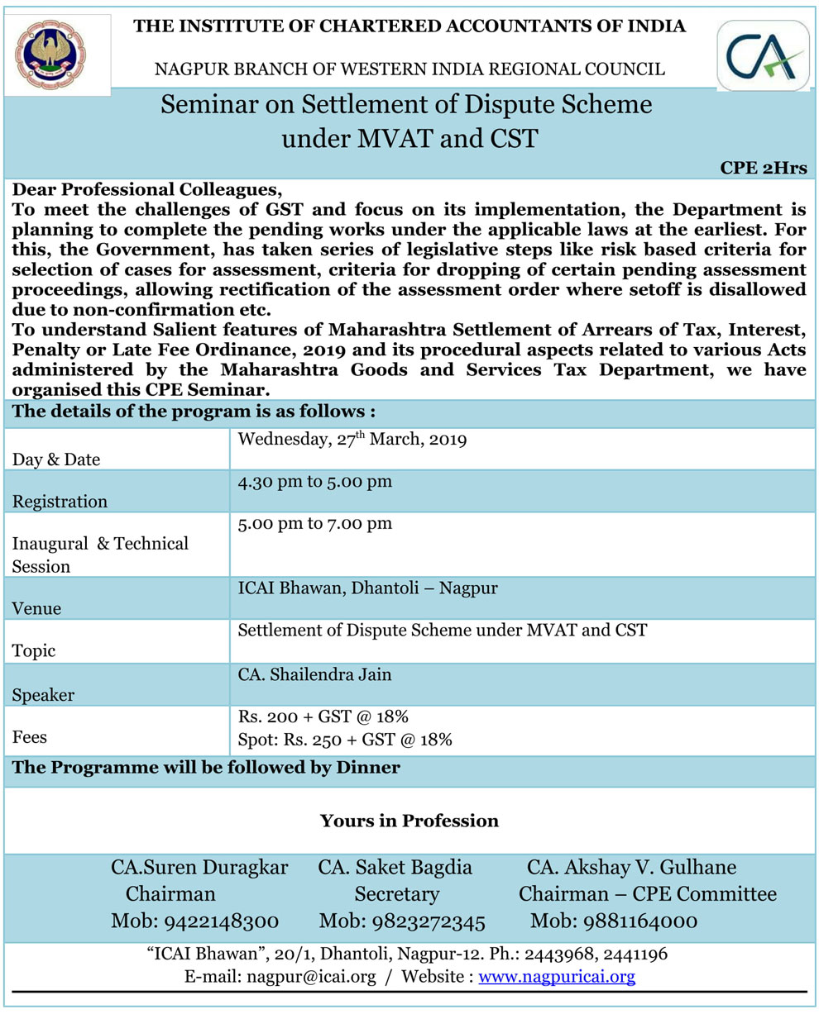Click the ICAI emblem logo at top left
coord(55,55)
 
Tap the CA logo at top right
coord(762,55)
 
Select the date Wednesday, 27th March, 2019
coord(352,440)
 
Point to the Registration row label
coord(60,502)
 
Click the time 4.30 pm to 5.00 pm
coord(314,482)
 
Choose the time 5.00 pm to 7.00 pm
coord(314,524)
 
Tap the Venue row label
coord(37,609)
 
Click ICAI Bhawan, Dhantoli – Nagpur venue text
coord(367,588)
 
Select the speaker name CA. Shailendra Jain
coord(314,674)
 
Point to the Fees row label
coord(30,736)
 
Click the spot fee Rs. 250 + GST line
coord(344,740)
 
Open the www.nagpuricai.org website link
coord(557,978)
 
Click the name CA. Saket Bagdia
coord(395,868)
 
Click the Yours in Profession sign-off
coord(409,821)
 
